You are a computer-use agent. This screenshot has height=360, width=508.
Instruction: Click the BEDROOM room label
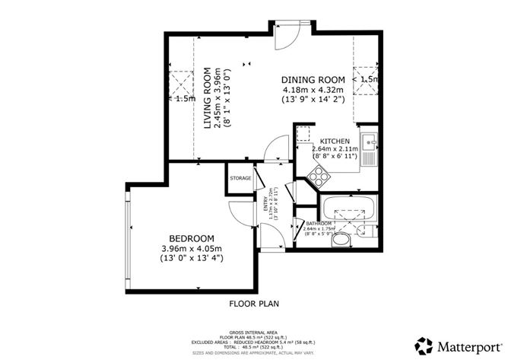coord(192,237)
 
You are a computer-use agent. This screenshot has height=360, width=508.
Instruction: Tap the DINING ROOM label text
coord(313,80)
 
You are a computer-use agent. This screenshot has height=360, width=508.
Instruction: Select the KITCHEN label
coord(335,142)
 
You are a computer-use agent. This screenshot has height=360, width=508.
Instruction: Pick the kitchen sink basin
coord(368,140)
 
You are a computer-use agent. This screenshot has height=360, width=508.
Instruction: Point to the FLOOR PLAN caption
coord(254,304)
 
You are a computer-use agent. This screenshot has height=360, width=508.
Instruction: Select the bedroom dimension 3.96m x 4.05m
coord(192,248)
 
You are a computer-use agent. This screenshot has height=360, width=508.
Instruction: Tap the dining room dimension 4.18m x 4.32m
coord(313,91)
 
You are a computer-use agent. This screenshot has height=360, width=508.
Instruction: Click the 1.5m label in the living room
coord(184,98)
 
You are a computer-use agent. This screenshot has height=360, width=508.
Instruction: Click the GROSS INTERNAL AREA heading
coord(254,323)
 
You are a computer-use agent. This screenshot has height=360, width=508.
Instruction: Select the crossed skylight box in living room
coord(180,81)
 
